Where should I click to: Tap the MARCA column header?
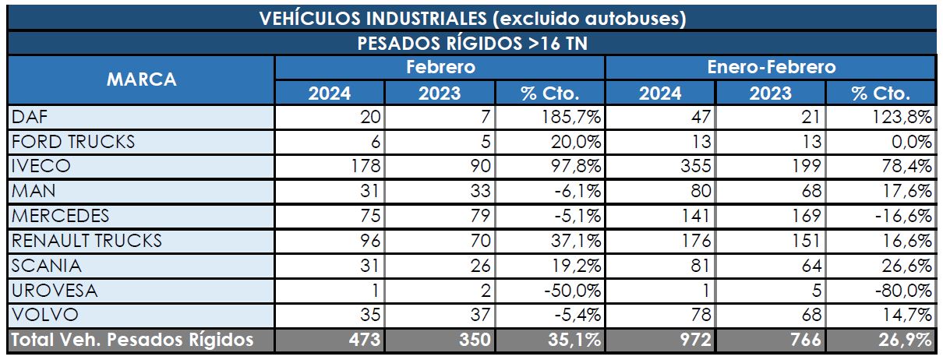141,79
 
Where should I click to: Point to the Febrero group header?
440,67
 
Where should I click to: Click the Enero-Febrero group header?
771,67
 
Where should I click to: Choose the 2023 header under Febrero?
440,94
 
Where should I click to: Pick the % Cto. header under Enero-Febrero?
881,94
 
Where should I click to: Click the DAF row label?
30,117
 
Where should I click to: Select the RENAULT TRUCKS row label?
87,241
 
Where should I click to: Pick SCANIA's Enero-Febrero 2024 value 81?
698,266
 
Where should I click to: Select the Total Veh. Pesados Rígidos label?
132,341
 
